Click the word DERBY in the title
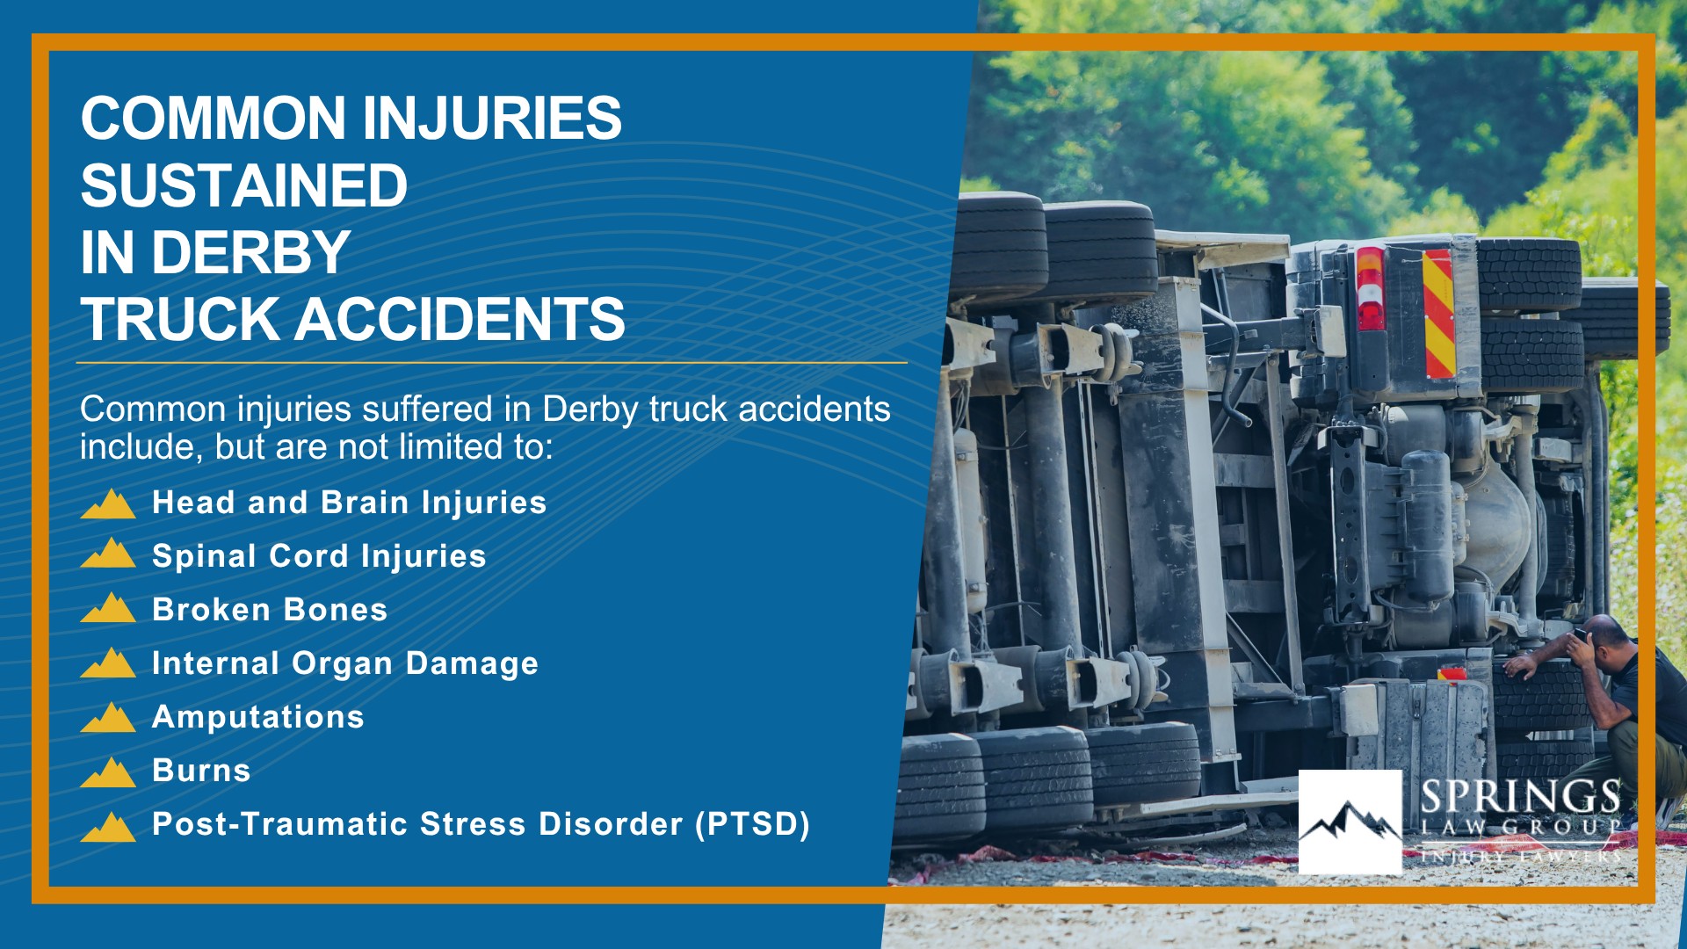click(251, 252)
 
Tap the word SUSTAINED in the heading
click(244, 185)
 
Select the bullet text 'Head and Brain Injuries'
click(349, 503)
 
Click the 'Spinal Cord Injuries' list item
click(319, 556)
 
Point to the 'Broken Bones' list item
click(270, 610)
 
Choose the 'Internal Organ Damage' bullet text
click(345, 663)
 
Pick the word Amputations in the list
click(258, 717)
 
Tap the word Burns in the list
click(201, 771)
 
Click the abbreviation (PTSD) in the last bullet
click(752, 824)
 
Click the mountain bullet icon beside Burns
click(108, 772)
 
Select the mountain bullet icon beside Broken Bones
click(108, 608)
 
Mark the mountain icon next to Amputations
click(108, 717)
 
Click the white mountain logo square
click(1350, 822)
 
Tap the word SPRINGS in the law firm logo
click(1520, 797)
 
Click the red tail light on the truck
click(1370, 288)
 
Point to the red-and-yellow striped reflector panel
click(1438, 314)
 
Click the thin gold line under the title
click(492, 362)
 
